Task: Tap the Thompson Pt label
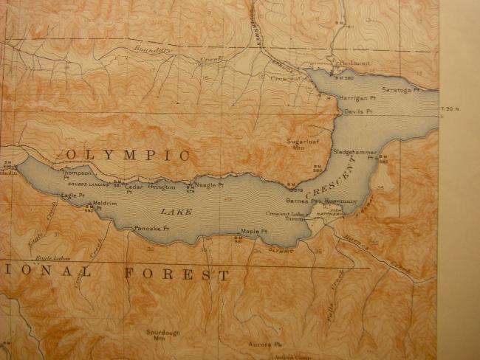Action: pos(76,175)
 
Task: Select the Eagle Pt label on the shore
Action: pos(69,195)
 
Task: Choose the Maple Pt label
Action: pos(252,231)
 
